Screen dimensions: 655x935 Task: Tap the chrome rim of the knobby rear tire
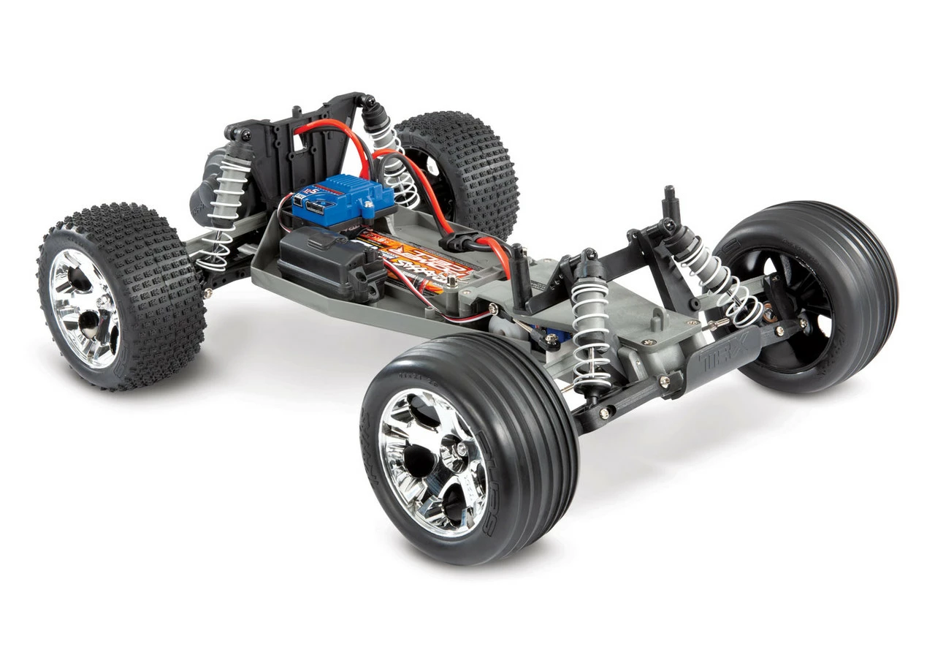pos(84,307)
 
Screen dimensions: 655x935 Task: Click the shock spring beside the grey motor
pos(223,212)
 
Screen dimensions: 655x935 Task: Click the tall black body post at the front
pos(670,205)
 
